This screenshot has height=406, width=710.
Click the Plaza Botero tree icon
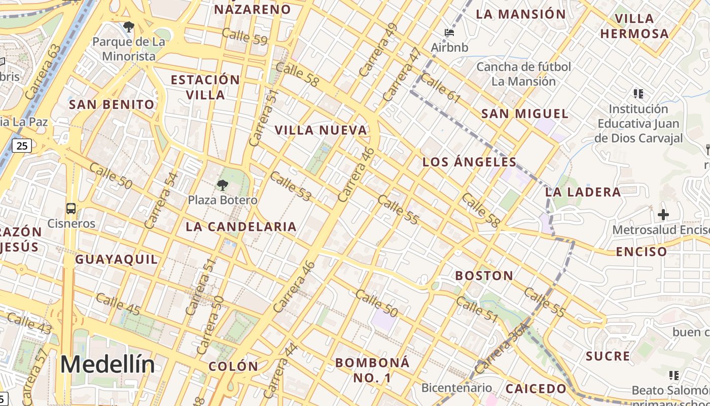(x=222, y=185)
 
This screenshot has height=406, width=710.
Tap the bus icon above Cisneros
(x=71, y=208)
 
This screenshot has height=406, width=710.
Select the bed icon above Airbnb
(x=449, y=33)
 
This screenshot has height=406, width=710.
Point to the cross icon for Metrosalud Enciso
(x=663, y=215)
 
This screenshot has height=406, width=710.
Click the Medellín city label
(x=108, y=364)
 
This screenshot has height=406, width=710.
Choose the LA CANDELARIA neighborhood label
(x=241, y=226)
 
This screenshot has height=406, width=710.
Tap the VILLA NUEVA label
(x=321, y=130)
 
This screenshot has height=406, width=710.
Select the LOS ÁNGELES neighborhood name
(x=470, y=162)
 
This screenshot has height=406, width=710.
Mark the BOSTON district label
(x=484, y=276)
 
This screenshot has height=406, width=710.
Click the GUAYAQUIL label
(x=117, y=259)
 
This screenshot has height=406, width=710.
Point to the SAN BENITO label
(x=112, y=105)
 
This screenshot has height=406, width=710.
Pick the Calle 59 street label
(x=244, y=37)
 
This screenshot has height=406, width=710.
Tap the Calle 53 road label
(x=291, y=186)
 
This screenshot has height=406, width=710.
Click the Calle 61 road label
(x=441, y=88)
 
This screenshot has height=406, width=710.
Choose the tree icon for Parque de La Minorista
(x=129, y=26)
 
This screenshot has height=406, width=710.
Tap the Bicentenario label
(x=456, y=388)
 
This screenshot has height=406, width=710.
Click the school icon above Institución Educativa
(x=638, y=93)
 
